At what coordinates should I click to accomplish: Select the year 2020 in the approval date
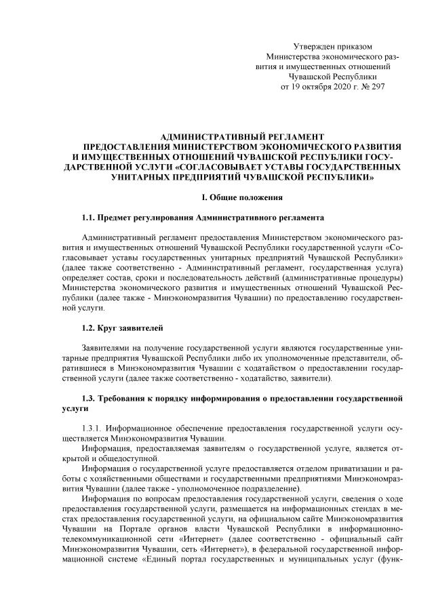pos(337,88)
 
